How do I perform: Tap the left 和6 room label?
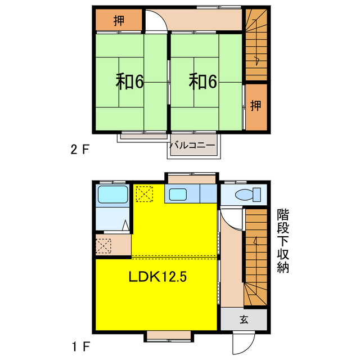(x=130, y=82)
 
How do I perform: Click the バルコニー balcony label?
(x=192, y=145)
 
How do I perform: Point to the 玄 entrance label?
(x=244, y=319)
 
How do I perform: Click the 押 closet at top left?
(x=118, y=21)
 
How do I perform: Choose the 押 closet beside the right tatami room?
(x=255, y=105)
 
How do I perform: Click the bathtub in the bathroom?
(x=114, y=195)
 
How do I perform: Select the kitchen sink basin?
(x=178, y=195)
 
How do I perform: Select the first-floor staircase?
(x=255, y=259)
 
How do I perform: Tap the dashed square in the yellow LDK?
(x=144, y=193)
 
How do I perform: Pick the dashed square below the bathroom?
(x=104, y=246)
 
